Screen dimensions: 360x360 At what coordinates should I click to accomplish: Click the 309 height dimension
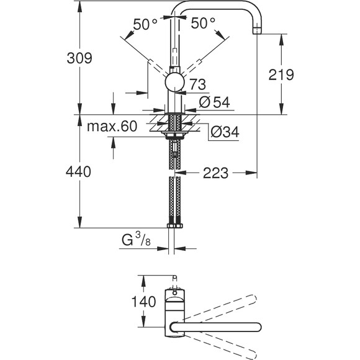tap(79, 58)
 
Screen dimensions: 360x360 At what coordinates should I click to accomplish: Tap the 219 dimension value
tap(281, 74)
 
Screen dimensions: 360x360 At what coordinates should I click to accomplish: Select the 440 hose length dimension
tap(78, 171)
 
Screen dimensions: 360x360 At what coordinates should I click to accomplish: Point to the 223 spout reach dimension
tap(215, 173)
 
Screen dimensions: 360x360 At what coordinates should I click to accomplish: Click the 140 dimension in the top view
tap(143, 302)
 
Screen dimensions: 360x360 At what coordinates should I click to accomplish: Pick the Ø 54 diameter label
tap(214, 102)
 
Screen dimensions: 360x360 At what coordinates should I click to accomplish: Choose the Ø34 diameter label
tap(225, 132)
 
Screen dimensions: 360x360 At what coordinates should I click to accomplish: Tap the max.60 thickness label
tap(112, 126)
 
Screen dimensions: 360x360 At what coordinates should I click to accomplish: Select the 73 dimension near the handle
tap(198, 84)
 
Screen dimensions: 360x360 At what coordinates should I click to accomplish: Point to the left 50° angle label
tap(145, 24)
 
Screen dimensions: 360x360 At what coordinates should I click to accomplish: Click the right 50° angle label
tap(203, 23)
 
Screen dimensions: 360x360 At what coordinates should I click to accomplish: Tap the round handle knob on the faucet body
tap(174, 82)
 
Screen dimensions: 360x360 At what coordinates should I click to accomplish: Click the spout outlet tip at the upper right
tap(257, 30)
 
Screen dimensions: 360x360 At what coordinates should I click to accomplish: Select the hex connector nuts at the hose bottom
tap(174, 225)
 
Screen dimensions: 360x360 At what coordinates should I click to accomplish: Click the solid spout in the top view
tap(215, 327)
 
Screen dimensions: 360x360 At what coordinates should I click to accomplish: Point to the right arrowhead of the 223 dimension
tap(251, 173)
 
